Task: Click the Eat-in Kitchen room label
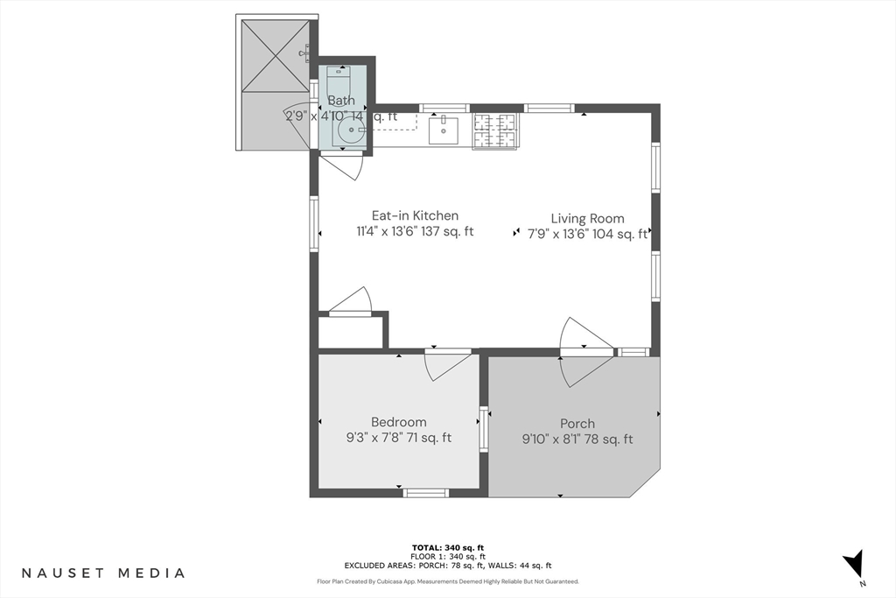pyautogui.click(x=415, y=215)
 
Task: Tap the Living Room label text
pyautogui.click(x=587, y=219)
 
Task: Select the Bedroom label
pyautogui.click(x=398, y=422)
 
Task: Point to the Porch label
pyautogui.click(x=577, y=424)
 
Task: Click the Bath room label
pyautogui.click(x=341, y=101)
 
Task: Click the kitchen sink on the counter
pyautogui.click(x=444, y=130)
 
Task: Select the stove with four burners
pyautogui.click(x=495, y=131)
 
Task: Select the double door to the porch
pyautogui.click(x=582, y=352)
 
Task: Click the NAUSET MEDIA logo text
pyautogui.click(x=103, y=573)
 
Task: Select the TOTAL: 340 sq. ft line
pyautogui.click(x=447, y=547)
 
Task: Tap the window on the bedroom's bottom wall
pyautogui.click(x=426, y=493)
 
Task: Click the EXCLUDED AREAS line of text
pyautogui.click(x=447, y=566)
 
